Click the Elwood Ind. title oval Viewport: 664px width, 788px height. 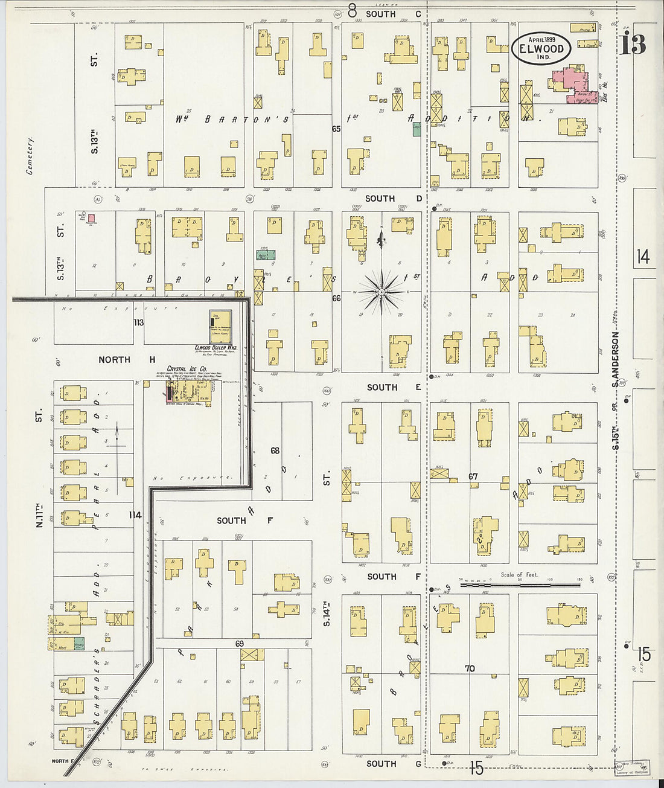tap(541, 49)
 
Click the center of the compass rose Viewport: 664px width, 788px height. tap(381, 292)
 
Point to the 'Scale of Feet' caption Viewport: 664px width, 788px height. tap(519, 574)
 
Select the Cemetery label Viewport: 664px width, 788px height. tap(29, 155)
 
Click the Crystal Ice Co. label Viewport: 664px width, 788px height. tap(187, 368)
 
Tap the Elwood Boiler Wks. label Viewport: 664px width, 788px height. tap(215, 348)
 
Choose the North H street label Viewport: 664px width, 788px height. tap(126, 359)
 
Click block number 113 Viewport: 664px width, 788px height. tap(139, 322)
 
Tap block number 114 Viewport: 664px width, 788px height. tap(135, 515)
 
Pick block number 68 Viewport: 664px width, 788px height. tap(275, 450)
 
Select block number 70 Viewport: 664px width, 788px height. tap(470, 668)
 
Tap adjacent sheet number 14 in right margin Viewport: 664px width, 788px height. tap(643, 257)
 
